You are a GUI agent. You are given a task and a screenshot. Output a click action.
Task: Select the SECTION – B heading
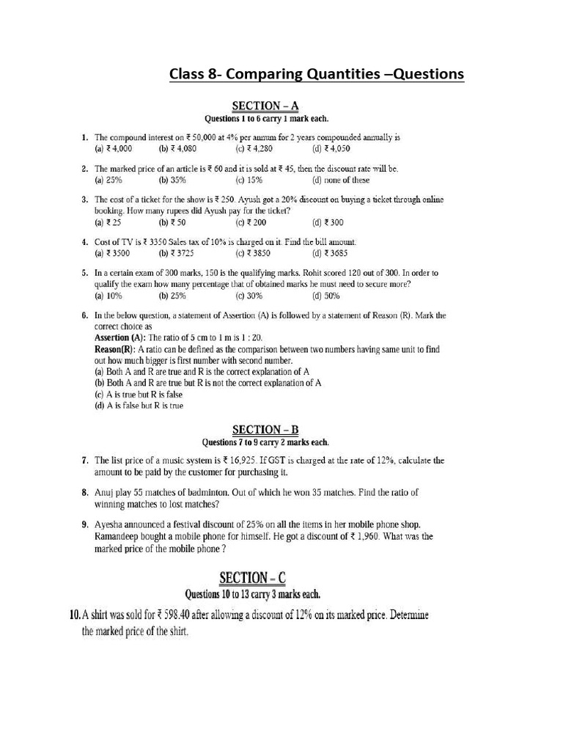tap(265, 430)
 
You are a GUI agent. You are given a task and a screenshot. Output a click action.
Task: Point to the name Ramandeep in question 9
tap(119, 537)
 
